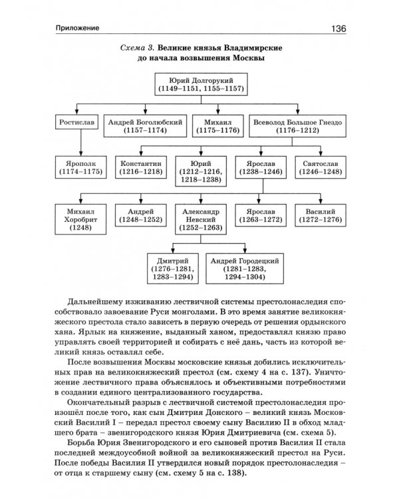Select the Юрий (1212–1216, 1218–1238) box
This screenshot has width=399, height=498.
point(200,171)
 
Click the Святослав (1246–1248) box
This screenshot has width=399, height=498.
point(318,166)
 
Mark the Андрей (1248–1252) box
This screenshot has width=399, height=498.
point(141,213)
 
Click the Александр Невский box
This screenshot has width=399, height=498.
point(199,218)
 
